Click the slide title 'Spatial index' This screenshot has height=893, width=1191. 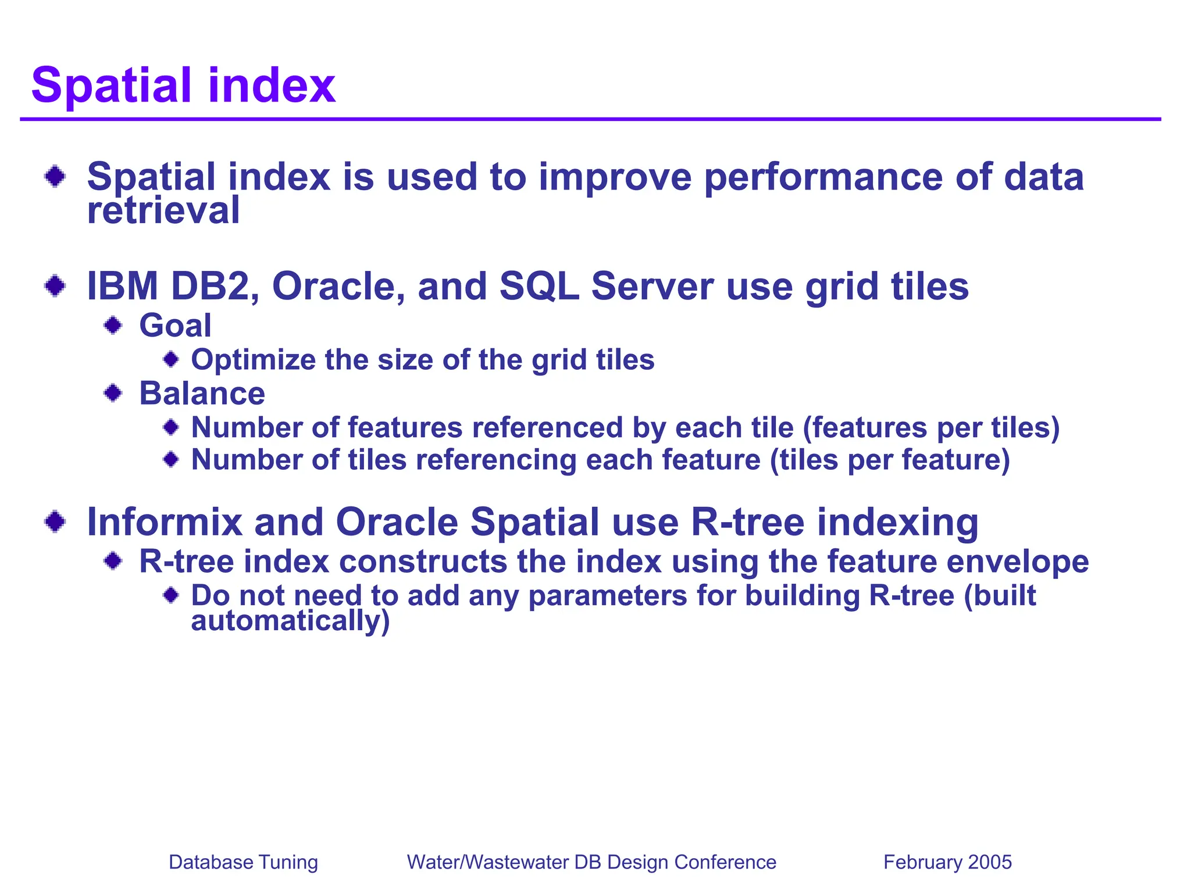[x=183, y=85]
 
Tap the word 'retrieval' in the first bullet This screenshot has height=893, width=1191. [x=163, y=210]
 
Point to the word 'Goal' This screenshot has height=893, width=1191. [x=175, y=326]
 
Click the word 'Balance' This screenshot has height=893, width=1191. [x=202, y=394]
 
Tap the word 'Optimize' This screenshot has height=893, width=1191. [x=254, y=360]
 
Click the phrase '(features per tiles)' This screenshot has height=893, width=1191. [x=931, y=428]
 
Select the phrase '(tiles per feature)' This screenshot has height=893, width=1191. [x=890, y=460]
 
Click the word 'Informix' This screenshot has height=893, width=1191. [x=164, y=521]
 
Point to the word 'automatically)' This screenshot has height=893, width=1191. [x=290, y=621]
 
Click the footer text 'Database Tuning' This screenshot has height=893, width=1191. [x=243, y=862]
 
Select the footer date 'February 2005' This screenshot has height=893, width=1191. [x=947, y=862]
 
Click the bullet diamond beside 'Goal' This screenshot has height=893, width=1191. [x=113, y=325]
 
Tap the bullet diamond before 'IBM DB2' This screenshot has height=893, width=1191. [x=55, y=285]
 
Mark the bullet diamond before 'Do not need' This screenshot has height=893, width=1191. [x=171, y=595]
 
